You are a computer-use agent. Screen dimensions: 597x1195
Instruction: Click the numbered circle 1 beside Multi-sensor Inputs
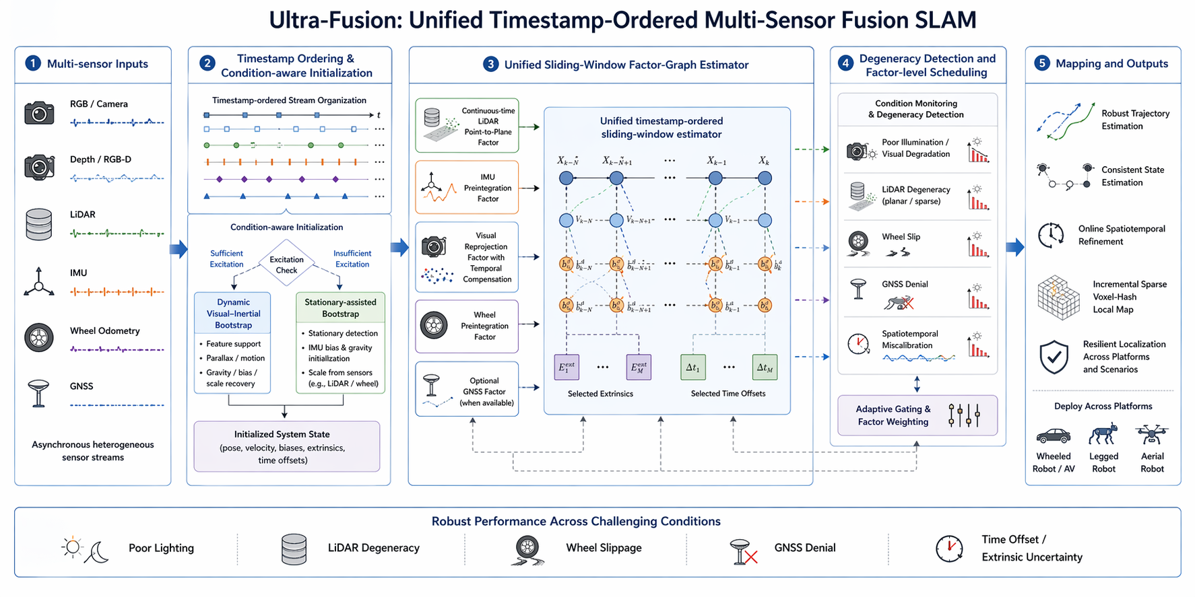tap(32, 63)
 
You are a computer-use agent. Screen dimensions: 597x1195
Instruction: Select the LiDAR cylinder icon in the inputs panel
tap(38, 224)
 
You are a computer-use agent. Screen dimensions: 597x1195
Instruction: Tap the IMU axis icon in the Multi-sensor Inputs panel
tap(39, 282)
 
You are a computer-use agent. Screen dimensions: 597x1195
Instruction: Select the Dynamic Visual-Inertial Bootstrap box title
tap(233, 314)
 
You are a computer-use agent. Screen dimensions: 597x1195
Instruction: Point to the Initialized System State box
tap(286, 447)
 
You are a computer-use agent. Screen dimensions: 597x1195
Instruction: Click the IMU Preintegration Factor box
tap(467, 188)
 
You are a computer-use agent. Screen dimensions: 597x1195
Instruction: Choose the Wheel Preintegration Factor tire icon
tap(434, 326)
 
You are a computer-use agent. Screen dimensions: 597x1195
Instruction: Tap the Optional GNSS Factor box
tap(467, 389)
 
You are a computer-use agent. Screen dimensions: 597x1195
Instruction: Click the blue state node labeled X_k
tap(765, 178)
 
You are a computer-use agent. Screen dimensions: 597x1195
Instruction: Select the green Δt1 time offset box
tap(693, 367)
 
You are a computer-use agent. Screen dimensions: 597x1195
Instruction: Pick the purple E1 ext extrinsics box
tap(566, 367)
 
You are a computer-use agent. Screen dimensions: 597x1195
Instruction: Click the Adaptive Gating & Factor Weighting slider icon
tap(963, 415)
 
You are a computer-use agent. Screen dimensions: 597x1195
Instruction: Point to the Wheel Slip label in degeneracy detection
tap(901, 237)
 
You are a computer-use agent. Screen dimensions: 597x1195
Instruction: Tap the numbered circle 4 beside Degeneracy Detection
tap(845, 64)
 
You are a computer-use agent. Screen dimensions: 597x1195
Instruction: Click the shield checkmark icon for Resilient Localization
tap(1054, 357)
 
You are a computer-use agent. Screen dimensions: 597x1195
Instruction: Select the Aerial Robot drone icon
tap(1151, 434)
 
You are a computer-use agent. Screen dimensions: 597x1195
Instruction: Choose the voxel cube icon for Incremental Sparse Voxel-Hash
tap(1058, 297)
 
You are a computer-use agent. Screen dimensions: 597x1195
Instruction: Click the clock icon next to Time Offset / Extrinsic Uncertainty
tap(949, 549)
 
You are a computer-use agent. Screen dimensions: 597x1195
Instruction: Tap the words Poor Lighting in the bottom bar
tap(161, 548)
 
